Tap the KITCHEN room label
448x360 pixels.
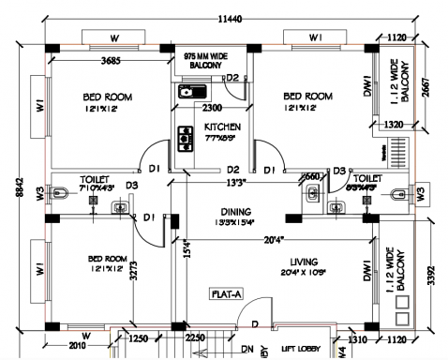(x=222, y=127)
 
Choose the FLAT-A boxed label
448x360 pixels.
(x=228, y=293)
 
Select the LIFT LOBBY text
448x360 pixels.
(x=301, y=347)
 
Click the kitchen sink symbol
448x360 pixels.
(x=191, y=92)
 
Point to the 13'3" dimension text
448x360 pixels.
(x=233, y=184)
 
